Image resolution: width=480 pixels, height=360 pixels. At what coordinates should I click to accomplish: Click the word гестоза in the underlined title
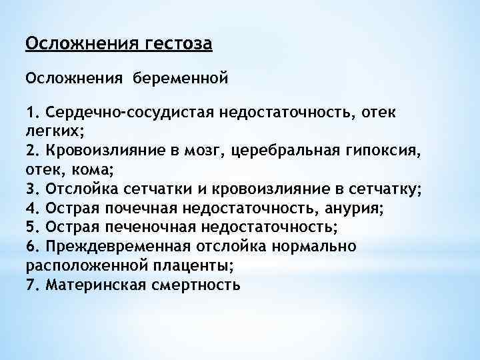click(x=177, y=45)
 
